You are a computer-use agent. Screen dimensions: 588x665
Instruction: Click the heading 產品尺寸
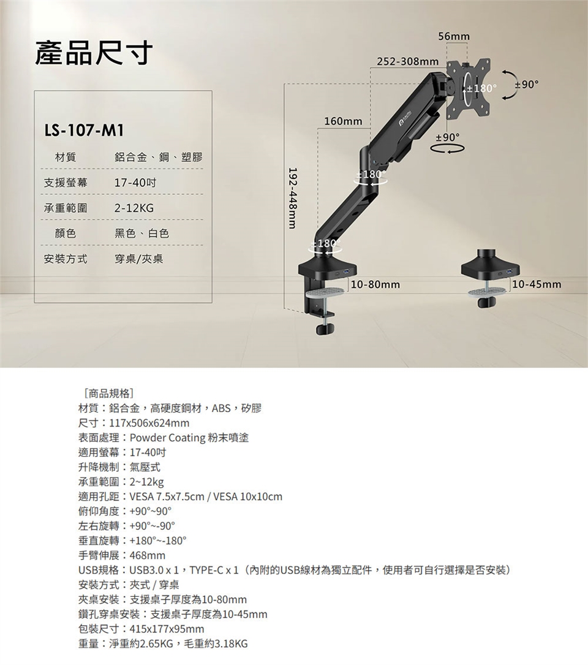click(x=94, y=53)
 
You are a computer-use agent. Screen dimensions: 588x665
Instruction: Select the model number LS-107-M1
click(x=85, y=131)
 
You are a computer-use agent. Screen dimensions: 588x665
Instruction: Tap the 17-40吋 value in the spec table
click(x=135, y=183)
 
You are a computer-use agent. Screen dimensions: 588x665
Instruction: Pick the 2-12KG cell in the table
click(x=134, y=208)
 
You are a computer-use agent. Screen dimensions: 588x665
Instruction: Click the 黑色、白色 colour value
click(x=141, y=234)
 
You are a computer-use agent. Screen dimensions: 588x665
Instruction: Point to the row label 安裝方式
click(x=66, y=259)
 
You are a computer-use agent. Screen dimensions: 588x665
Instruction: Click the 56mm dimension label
click(x=454, y=37)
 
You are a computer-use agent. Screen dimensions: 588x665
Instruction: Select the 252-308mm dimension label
click(x=408, y=62)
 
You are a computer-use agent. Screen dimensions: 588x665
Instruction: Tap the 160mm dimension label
click(x=344, y=121)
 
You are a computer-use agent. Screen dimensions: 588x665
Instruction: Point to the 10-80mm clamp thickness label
click(x=375, y=284)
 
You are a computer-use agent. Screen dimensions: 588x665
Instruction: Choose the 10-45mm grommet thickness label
click(x=537, y=284)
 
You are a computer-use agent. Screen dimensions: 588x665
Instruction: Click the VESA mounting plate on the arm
click(x=469, y=88)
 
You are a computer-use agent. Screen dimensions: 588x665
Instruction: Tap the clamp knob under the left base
click(x=325, y=329)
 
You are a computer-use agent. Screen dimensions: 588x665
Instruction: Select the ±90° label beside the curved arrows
click(x=527, y=85)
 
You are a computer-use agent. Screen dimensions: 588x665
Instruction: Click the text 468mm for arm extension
click(x=148, y=555)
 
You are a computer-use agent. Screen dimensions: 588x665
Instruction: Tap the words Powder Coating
click(x=167, y=438)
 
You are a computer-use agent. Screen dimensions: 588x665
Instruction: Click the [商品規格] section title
click(x=110, y=393)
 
